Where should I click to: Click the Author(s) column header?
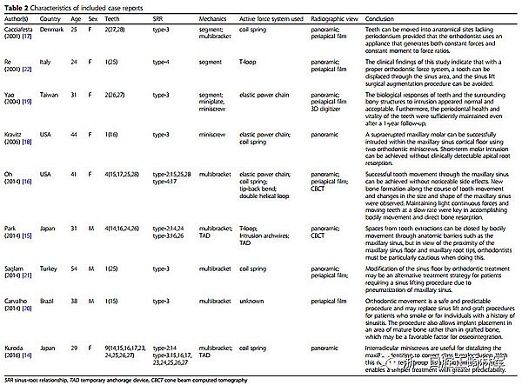17,17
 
